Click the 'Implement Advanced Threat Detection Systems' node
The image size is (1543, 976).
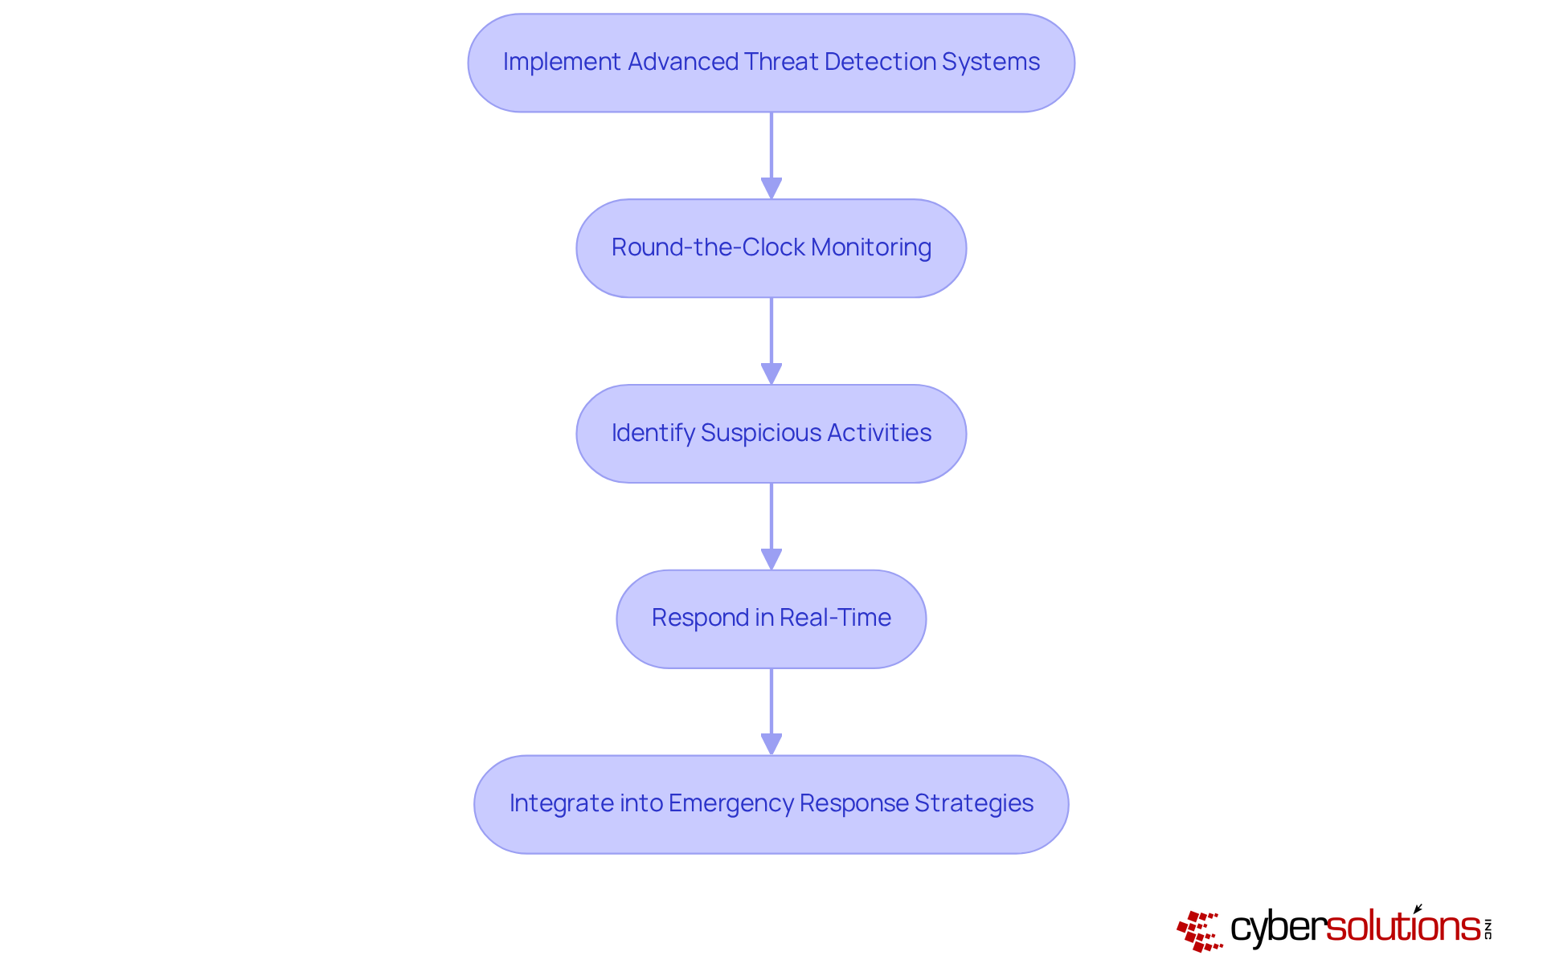771,63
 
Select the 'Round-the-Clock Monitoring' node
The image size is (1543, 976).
771,248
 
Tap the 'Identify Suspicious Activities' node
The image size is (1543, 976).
771,434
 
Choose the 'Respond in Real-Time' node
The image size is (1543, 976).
771,619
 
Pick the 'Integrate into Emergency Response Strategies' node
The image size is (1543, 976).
771,804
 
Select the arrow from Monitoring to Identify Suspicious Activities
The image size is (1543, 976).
771,341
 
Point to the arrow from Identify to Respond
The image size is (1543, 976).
771,526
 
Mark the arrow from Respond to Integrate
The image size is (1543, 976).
771,712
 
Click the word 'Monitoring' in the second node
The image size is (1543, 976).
871,247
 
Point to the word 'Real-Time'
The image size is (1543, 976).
835,618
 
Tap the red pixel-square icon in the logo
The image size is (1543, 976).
1200,931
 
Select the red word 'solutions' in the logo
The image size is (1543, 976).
1402,927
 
